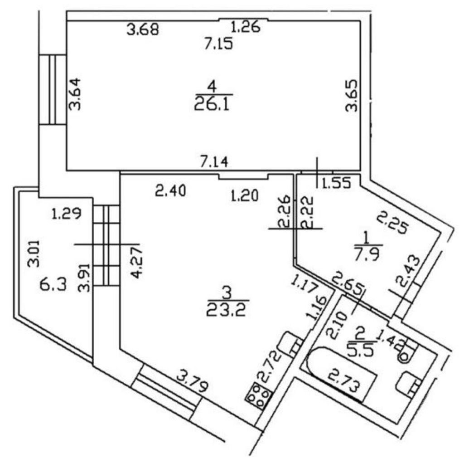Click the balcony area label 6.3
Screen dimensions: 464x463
tap(51, 286)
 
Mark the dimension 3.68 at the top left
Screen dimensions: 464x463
tap(143, 30)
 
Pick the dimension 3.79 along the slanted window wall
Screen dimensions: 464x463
tap(193, 381)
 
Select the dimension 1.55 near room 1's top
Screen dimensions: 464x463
tap(336, 183)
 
